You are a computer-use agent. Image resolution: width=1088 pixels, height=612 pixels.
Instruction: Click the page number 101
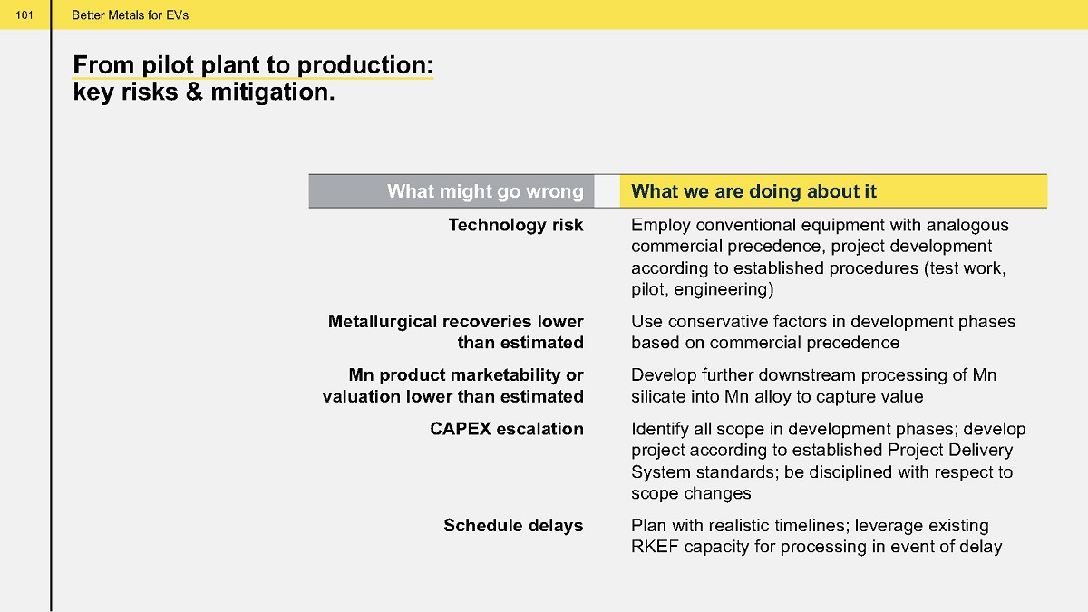pyautogui.click(x=24, y=15)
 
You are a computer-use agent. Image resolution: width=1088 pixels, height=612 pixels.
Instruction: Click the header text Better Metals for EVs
pyautogui.click(x=131, y=15)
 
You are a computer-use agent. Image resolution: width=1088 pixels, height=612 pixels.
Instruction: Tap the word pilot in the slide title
pyautogui.click(x=168, y=66)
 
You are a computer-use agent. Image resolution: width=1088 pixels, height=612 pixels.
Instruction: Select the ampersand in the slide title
pyautogui.click(x=194, y=92)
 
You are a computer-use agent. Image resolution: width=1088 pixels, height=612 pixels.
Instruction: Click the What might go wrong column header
pyautogui.click(x=485, y=191)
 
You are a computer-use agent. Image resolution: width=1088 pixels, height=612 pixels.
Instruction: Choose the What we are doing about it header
pyautogui.click(x=753, y=191)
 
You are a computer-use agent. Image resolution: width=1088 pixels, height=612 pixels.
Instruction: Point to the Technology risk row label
pyautogui.click(x=516, y=225)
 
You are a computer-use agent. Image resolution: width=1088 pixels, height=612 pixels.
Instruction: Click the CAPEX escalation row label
pyautogui.click(x=507, y=429)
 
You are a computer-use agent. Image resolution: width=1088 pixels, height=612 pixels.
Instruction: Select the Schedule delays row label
pyautogui.click(x=513, y=526)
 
